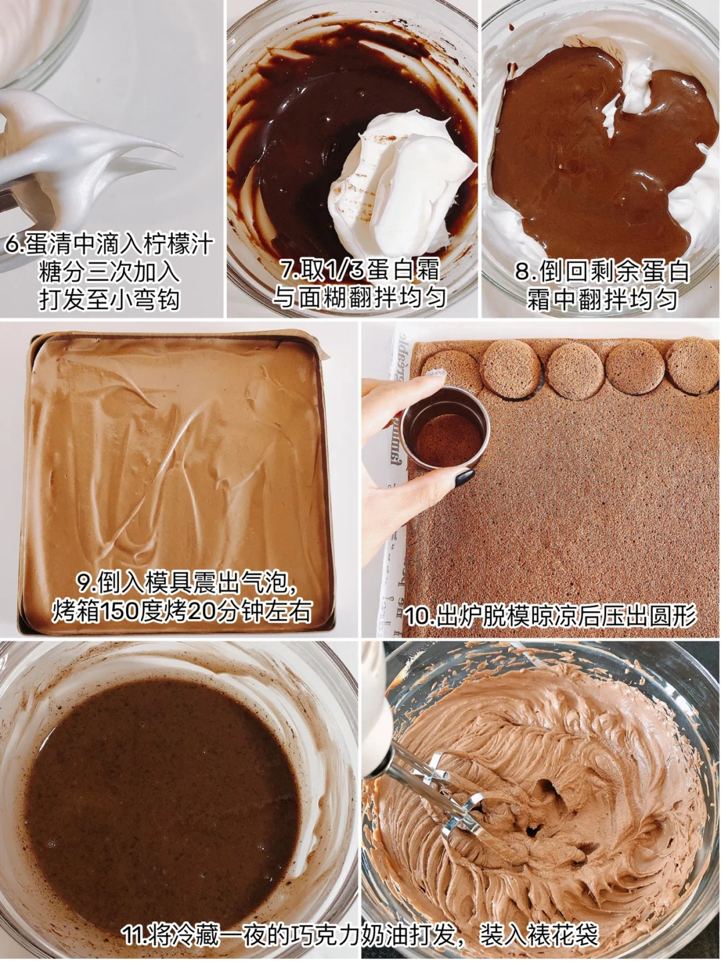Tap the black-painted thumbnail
(465, 477)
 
